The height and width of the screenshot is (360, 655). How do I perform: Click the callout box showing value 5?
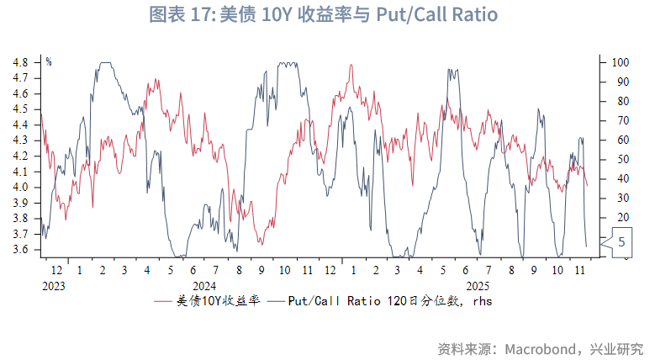[x=621, y=242]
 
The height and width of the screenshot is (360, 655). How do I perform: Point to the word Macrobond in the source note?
[x=538, y=348]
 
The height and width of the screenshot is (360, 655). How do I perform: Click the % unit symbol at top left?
[x=48, y=61]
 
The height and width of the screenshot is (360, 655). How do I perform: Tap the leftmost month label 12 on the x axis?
[x=56, y=271]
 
